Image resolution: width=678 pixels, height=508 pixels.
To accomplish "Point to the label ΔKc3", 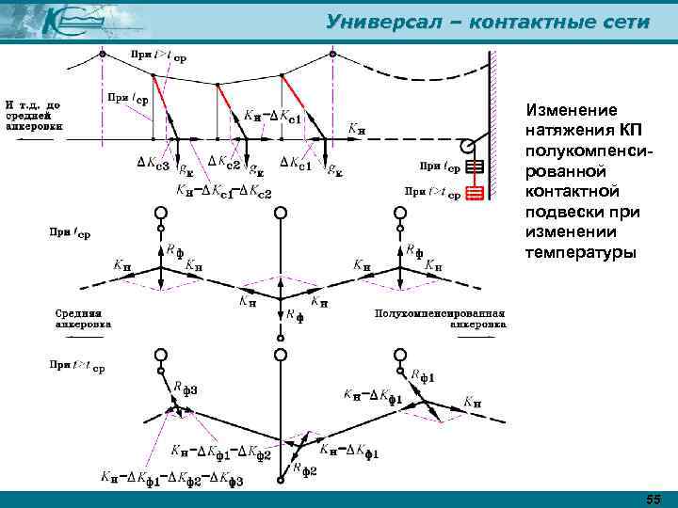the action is click(x=153, y=166).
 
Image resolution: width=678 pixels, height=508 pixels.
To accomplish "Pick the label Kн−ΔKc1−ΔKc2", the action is click(x=224, y=194).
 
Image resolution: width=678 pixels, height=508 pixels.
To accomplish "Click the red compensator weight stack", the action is click(x=475, y=194).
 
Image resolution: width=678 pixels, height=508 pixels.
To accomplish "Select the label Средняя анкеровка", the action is click(x=84, y=318).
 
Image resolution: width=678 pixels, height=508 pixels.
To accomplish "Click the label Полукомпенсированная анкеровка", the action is click(x=440, y=318).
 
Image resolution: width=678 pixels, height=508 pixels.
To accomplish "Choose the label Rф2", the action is click(x=304, y=467).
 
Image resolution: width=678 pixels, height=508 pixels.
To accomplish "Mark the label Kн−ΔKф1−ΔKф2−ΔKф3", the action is click(x=172, y=481).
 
